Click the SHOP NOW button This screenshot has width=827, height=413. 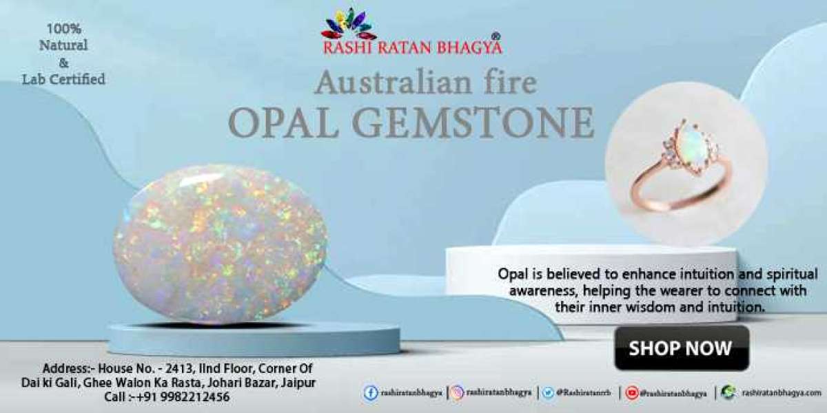click(681, 348)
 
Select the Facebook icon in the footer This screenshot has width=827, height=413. click(371, 393)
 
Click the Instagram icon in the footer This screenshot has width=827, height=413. click(457, 393)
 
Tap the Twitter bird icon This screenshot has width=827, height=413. click(548, 393)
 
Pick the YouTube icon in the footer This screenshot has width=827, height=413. click(632, 393)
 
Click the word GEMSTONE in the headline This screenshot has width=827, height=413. click(483, 123)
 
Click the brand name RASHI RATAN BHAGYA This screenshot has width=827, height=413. click(412, 47)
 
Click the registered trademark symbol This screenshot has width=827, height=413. click(496, 36)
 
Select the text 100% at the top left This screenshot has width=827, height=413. click(63, 29)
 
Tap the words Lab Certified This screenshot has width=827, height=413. click(63, 79)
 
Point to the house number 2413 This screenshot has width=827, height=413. click(172, 368)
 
